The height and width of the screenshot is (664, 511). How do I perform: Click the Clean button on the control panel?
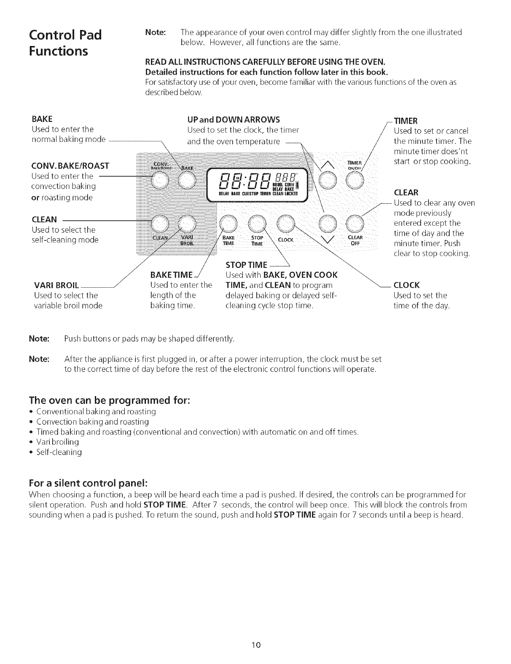[160, 224]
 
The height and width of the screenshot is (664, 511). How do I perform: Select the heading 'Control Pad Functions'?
[65, 43]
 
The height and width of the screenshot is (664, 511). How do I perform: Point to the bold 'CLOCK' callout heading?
[406, 285]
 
